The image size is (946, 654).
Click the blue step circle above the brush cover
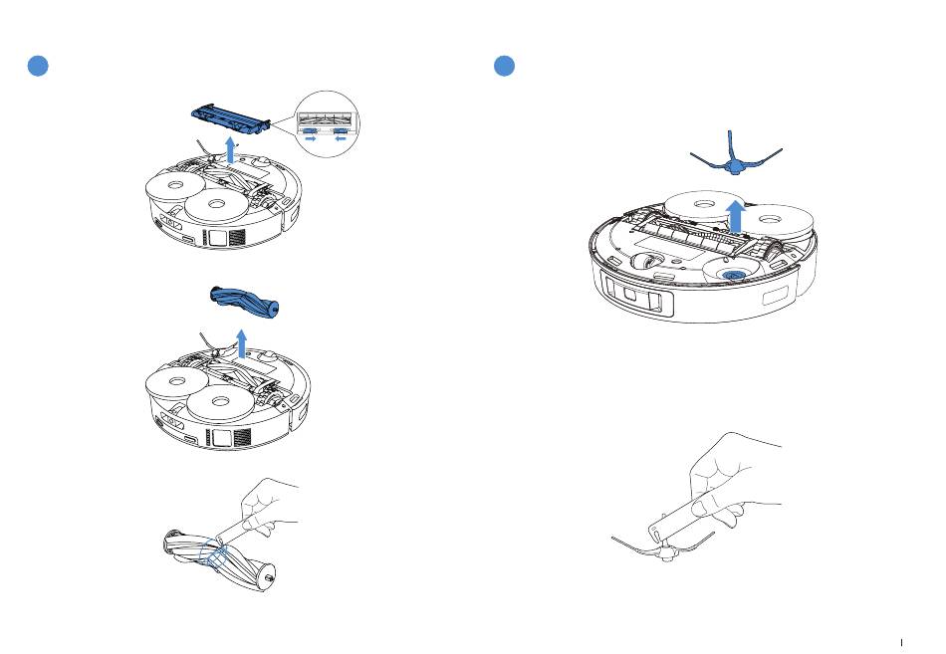click(x=37, y=66)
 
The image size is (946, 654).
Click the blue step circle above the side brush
click(x=506, y=66)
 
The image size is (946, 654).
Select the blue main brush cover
click(x=230, y=116)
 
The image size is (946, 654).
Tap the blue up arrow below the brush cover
click(x=231, y=150)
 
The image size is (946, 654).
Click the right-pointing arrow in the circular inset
click(x=312, y=140)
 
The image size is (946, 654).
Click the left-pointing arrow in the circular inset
click(x=342, y=140)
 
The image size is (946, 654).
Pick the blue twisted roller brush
click(x=242, y=299)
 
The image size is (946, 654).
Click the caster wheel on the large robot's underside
click(x=644, y=262)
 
